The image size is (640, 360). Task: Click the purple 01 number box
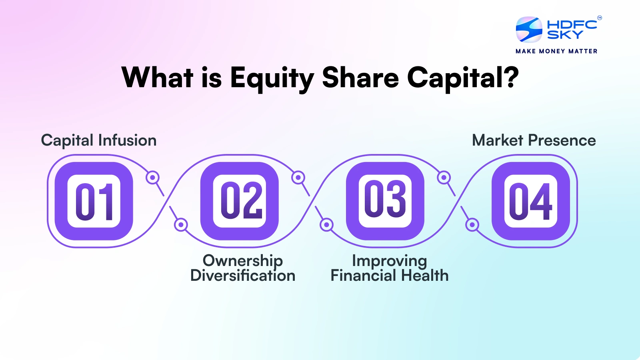click(x=94, y=201)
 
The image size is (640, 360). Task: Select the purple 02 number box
click(x=240, y=201)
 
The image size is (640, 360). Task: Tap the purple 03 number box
click(x=385, y=201)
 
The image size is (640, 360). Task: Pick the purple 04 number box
click(x=531, y=201)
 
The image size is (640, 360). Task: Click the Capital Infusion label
click(x=99, y=140)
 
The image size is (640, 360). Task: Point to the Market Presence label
click(x=534, y=140)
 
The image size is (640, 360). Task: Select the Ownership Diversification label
click(x=243, y=268)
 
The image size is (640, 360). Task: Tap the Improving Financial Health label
click(x=389, y=268)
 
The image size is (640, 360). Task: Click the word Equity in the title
click(x=272, y=78)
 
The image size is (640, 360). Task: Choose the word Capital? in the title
click(x=463, y=78)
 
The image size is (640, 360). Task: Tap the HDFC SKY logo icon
click(x=529, y=30)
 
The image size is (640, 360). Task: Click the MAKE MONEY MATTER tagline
click(x=556, y=51)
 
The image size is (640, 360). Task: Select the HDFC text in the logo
click(x=572, y=25)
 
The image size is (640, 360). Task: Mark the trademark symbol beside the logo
click(x=599, y=18)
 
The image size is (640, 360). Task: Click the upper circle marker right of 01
click(x=152, y=177)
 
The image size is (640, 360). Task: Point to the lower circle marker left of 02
click(x=181, y=225)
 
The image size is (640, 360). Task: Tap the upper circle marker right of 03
click(x=444, y=177)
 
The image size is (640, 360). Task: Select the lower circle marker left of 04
click(x=472, y=225)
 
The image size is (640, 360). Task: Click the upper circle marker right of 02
click(x=298, y=177)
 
